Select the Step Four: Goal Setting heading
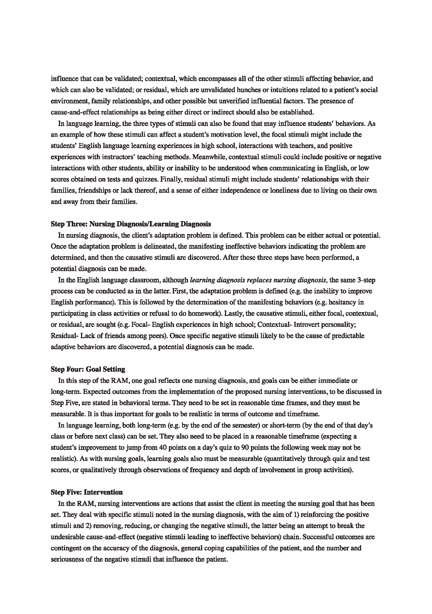click(x=88, y=369)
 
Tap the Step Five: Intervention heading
click(x=87, y=492)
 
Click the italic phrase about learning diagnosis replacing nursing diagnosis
click(x=259, y=280)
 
